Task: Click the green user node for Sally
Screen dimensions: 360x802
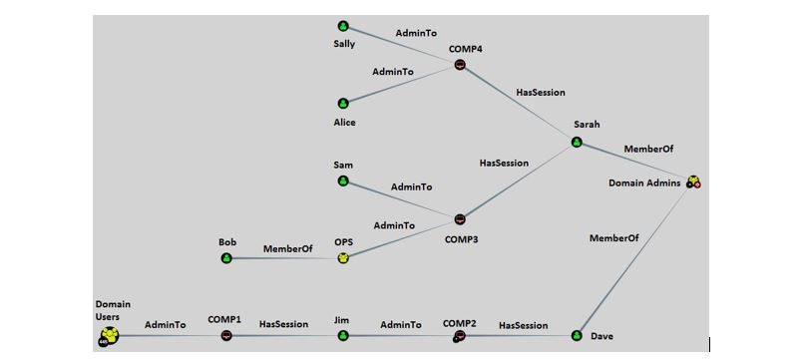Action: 343,26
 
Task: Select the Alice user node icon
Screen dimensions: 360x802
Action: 343,103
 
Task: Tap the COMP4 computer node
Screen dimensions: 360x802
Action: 460,65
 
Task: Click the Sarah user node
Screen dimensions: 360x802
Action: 577,142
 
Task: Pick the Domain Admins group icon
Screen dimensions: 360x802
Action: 693,182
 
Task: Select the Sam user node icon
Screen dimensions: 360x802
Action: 343,181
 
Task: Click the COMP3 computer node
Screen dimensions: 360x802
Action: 460,219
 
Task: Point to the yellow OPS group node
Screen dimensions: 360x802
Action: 343,258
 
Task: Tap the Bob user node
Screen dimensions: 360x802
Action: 226,258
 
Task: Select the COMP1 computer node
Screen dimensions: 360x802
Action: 226,336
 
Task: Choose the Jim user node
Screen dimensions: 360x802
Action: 343,336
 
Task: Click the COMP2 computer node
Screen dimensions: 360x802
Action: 460,336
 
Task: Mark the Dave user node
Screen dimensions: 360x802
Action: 577,336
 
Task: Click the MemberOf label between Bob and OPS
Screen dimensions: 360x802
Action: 287,248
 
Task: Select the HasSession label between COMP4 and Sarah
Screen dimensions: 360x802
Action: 541,93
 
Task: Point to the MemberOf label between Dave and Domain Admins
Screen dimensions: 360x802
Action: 614,238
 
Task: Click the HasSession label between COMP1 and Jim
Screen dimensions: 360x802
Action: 284,324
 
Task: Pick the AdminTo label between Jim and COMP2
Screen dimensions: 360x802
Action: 400,324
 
